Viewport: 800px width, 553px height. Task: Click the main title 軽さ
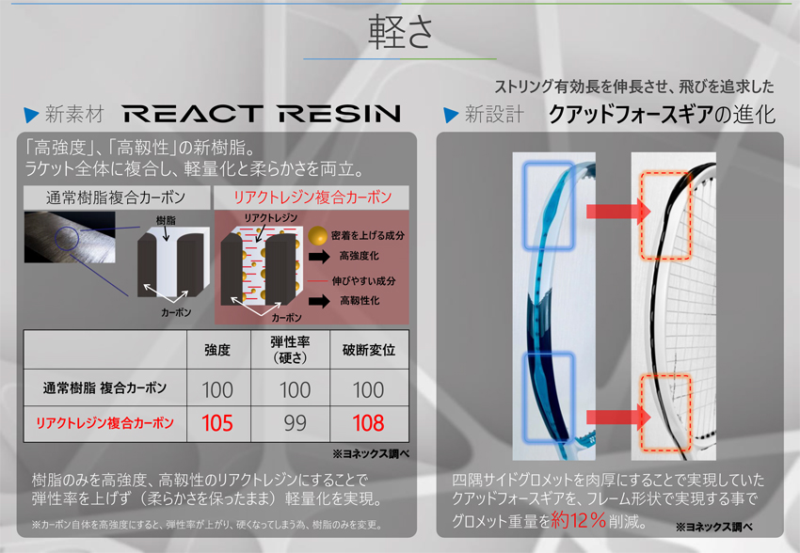point(401,31)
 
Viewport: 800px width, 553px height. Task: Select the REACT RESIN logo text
point(262,114)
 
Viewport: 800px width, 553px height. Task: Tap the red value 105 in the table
point(217,423)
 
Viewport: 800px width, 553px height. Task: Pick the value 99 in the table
point(295,423)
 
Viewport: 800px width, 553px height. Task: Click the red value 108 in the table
point(368,423)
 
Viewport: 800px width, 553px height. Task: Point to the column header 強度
point(217,350)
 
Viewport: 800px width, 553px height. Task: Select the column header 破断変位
point(369,350)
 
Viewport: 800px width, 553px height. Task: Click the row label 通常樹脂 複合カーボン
point(104,387)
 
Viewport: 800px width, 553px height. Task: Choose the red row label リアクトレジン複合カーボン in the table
point(104,423)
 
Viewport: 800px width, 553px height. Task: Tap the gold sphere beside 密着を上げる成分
point(318,236)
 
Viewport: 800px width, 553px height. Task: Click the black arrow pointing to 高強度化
point(319,257)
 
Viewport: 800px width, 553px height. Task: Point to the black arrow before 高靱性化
point(319,301)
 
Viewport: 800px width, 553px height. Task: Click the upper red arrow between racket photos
point(618,211)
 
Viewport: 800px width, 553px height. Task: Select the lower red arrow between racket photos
point(618,418)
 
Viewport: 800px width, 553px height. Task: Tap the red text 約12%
point(579,520)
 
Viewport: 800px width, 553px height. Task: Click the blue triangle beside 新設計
point(451,115)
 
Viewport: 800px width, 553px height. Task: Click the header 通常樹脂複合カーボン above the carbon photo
point(116,197)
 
